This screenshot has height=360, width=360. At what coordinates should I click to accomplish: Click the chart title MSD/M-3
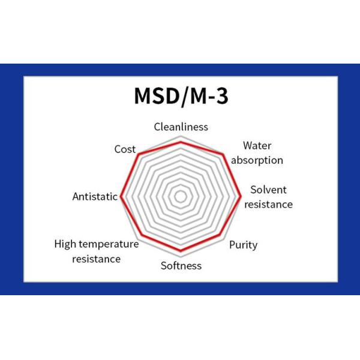pyautogui.click(x=181, y=97)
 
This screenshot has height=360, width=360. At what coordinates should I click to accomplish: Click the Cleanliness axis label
pyautogui.click(x=181, y=127)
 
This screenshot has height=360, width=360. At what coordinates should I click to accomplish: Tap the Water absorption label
pyautogui.click(x=257, y=152)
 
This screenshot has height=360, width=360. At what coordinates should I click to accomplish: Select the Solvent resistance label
pyautogui.click(x=268, y=197)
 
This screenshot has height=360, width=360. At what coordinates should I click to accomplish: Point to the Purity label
pyautogui.click(x=244, y=244)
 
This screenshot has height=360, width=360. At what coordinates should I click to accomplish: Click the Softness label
pyautogui.click(x=181, y=266)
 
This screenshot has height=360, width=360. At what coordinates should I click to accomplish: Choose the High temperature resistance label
pyautogui.click(x=96, y=251)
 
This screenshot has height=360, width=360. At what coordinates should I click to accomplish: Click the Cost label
pyautogui.click(x=125, y=149)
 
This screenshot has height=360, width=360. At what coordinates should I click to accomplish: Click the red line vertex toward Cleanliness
pyautogui.click(x=181, y=142)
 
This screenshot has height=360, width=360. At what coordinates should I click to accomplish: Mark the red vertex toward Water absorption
pyautogui.click(x=224, y=154)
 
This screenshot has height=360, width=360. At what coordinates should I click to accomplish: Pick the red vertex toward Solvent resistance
pyautogui.click(x=241, y=196)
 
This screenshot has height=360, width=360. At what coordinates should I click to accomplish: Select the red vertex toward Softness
pyautogui.click(x=181, y=251)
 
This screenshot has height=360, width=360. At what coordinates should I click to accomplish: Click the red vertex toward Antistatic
pyautogui.click(x=121, y=196)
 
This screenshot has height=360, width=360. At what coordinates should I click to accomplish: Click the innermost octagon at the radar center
pyautogui.click(x=181, y=196)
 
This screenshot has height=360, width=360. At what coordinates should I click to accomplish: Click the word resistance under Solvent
pyautogui.click(x=268, y=204)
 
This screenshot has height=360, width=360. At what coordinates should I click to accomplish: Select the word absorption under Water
pyautogui.click(x=257, y=160)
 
